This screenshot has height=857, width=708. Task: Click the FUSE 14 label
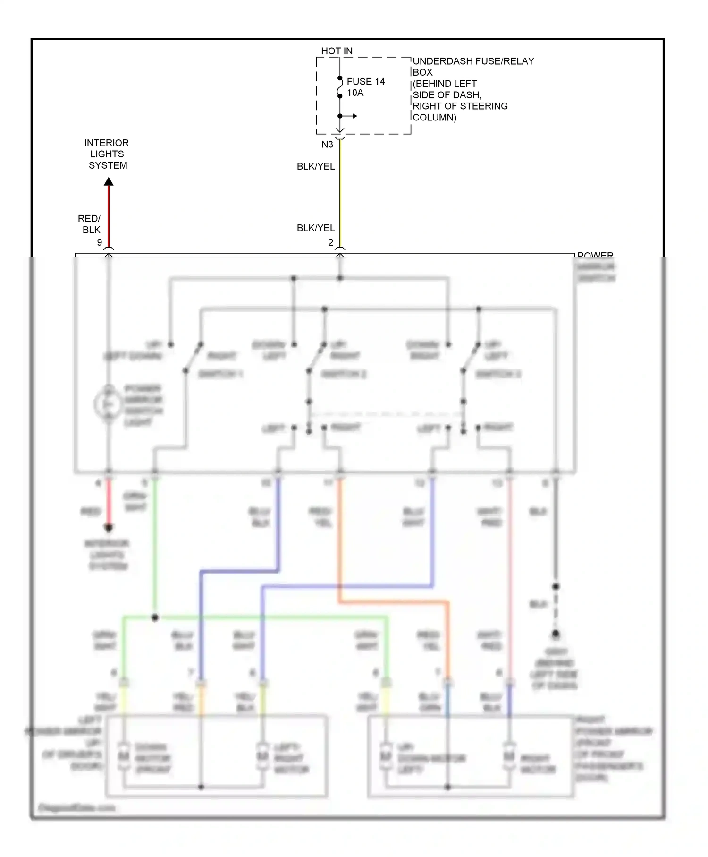(x=365, y=82)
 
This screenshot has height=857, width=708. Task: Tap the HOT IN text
(x=337, y=51)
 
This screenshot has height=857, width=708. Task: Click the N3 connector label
(x=327, y=145)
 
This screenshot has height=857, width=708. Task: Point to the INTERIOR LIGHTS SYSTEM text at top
(x=107, y=154)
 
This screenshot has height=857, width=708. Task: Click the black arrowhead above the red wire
(x=109, y=181)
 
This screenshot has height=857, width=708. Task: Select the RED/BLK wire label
(x=89, y=224)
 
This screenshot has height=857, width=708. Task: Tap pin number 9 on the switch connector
(x=99, y=242)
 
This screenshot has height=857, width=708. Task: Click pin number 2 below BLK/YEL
(x=330, y=242)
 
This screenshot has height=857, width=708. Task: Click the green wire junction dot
(x=155, y=617)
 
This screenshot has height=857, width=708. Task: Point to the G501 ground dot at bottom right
(x=556, y=634)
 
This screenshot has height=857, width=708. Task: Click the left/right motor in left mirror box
(x=262, y=756)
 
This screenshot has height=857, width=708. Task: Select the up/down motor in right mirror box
(x=386, y=756)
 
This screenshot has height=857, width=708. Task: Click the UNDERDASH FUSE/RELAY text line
(x=473, y=61)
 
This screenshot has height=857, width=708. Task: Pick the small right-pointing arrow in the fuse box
(x=352, y=116)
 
